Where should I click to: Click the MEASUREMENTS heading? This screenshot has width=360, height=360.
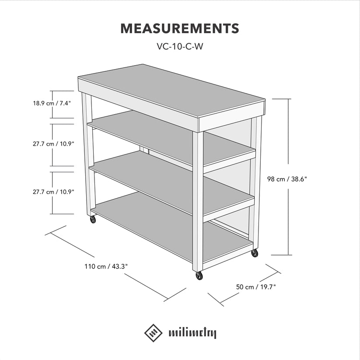[x=180, y=28]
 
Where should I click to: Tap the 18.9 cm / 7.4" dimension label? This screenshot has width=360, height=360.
[x=52, y=104]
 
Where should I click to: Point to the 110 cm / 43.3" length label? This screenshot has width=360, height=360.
[x=106, y=266]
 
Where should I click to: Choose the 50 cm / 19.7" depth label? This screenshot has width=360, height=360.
[x=256, y=287]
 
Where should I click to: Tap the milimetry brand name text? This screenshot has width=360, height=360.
[x=192, y=333]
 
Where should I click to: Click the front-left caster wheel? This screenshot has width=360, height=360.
[x=93, y=220]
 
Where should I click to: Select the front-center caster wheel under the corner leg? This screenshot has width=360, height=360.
[x=199, y=276]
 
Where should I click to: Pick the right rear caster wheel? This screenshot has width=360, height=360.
[x=255, y=253]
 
